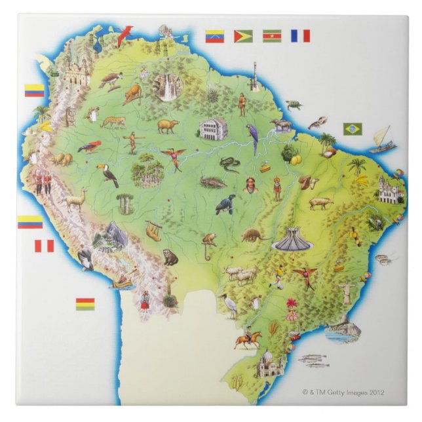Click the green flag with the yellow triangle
[243, 35]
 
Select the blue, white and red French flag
[300, 35]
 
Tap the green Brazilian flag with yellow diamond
[353, 129]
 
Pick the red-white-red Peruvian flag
[44, 246]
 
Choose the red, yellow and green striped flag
[85, 304]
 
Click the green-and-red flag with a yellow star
[272, 35]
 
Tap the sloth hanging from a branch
[153, 230]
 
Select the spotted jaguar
[113, 122]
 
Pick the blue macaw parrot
[252, 138]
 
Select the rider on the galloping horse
[248, 337]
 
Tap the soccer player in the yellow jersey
[280, 276]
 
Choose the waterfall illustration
[170, 88]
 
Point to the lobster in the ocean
[318, 122]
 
